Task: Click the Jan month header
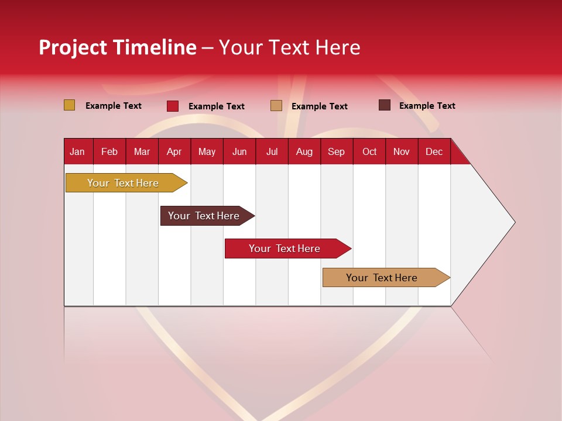[x=77, y=151]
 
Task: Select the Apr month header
[x=174, y=151]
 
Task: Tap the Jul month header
[x=272, y=151]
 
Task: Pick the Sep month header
[x=336, y=151]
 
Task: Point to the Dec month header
[x=434, y=151]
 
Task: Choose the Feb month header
[x=109, y=151]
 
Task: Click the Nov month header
[x=401, y=151]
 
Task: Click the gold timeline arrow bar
[x=123, y=183]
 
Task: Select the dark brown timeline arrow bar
[x=204, y=216]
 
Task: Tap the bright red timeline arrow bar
[x=285, y=249]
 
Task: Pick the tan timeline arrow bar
[x=382, y=278]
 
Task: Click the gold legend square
[x=69, y=105]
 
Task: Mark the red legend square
[x=173, y=106]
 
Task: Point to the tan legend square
[x=276, y=106]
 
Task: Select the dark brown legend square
[x=385, y=105]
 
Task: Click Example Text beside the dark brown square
[x=427, y=106]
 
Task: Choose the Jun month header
[x=239, y=151]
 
